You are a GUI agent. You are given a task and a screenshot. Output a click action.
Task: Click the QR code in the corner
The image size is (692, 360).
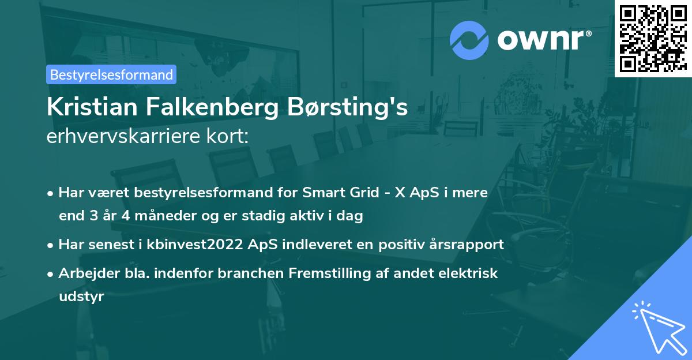(x=652, y=38)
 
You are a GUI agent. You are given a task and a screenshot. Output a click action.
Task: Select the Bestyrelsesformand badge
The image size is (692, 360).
(x=111, y=74)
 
